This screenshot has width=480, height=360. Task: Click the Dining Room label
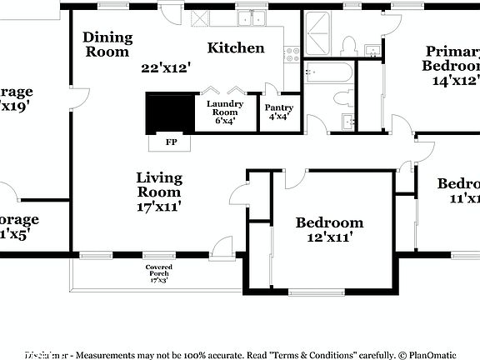pyautogui.click(x=107, y=44)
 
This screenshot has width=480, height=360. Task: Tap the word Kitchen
pyautogui.click(x=236, y=47)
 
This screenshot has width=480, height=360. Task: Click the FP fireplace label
pyautogui.click(x=171, y=142)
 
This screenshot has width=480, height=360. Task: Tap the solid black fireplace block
pyautogui.click(x=169, y=112)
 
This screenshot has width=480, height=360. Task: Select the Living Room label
pyautogui.click(x=158, y=185)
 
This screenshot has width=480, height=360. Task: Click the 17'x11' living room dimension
pyautogui.click(x=158, y=206)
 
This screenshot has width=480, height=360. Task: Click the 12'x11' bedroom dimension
pyautogui.click(x=329, y=237)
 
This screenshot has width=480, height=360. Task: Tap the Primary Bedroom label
pyautogui.click(x=452, y=57)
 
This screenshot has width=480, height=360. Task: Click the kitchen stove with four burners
pyautogui.click(x=292, y=55)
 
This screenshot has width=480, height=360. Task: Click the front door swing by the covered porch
pyautogui.click(x=222, y=247)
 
